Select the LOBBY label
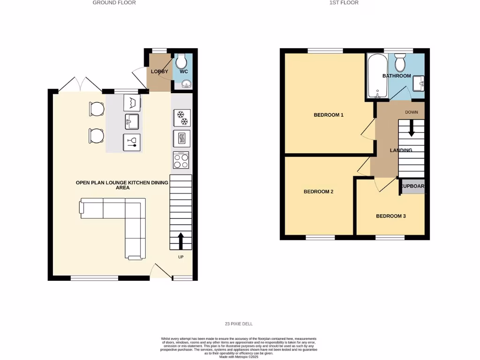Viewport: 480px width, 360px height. pyautogui.click(x=159, y=71)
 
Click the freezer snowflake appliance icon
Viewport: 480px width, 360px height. pyautogui.click(x=181, y=118)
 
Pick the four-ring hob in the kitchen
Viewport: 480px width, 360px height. pyautogui.click(x=181, y=161)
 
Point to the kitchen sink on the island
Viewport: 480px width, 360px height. pyautogui.click(x=132, y=122)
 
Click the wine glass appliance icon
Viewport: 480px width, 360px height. pyautogui.click(x=132, y=141)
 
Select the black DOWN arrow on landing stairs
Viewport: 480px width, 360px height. pyautogui.click(x=412, y=128)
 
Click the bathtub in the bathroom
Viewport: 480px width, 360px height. pyautogui.click(x=377, y=76)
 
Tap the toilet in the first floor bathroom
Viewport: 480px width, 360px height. pyautogui.click(x=400, y=62)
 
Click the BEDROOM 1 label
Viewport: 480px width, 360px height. pyautogui.click(x=329, y=115)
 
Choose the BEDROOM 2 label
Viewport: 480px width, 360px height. pyautogui.click(x=318, y=191)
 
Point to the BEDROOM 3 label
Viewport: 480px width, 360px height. pyautogui.click(x=390, y=216)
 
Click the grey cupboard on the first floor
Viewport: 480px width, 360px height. pyautogui.click(x=412, y=186)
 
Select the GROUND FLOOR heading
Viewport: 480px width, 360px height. pyautogui.click(x=114, y=3)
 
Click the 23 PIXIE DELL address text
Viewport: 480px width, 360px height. pyautogui.click(x=239, y=324)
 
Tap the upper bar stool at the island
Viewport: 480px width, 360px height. pyautogui.click(x=97, y=109)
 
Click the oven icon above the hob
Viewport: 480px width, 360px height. pyautogui.click(x=181, y=139)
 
